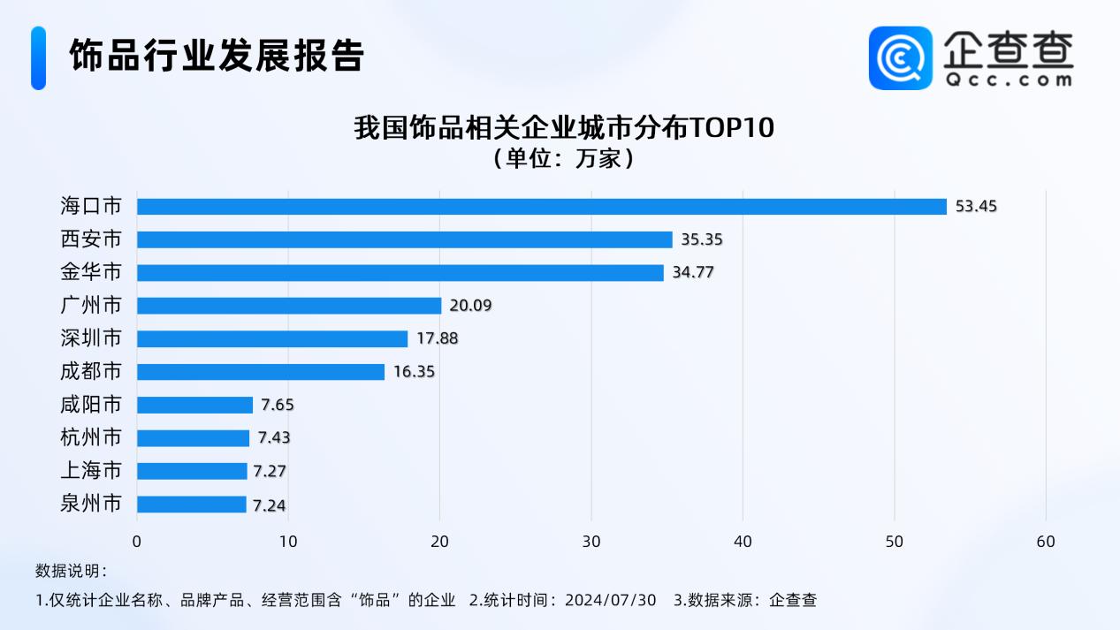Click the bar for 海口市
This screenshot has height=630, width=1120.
(541, 206)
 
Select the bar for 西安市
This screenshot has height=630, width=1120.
(404, 239)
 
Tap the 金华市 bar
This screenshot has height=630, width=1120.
(400, 272)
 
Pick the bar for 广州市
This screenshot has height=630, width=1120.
(289, 306)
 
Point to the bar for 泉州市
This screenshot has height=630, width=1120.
(192, 505)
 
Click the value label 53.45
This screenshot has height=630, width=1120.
(976, 207)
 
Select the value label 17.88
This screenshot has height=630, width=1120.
(438, 338)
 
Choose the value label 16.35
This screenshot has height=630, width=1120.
(414, 372)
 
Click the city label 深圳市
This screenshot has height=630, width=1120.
(91, 338)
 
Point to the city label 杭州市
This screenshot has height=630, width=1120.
(91, 438)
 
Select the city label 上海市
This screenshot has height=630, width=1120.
(91, 471)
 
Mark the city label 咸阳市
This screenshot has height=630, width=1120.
(91, 405)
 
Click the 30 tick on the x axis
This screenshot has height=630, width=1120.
(591, 541)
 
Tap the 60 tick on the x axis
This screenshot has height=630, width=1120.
(1046, 541)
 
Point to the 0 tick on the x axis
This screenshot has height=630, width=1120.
(137, 541)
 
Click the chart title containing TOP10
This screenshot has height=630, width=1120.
(564, 128)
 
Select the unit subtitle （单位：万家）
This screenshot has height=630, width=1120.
(563, 159)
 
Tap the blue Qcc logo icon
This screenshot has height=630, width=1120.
(901, 58)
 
